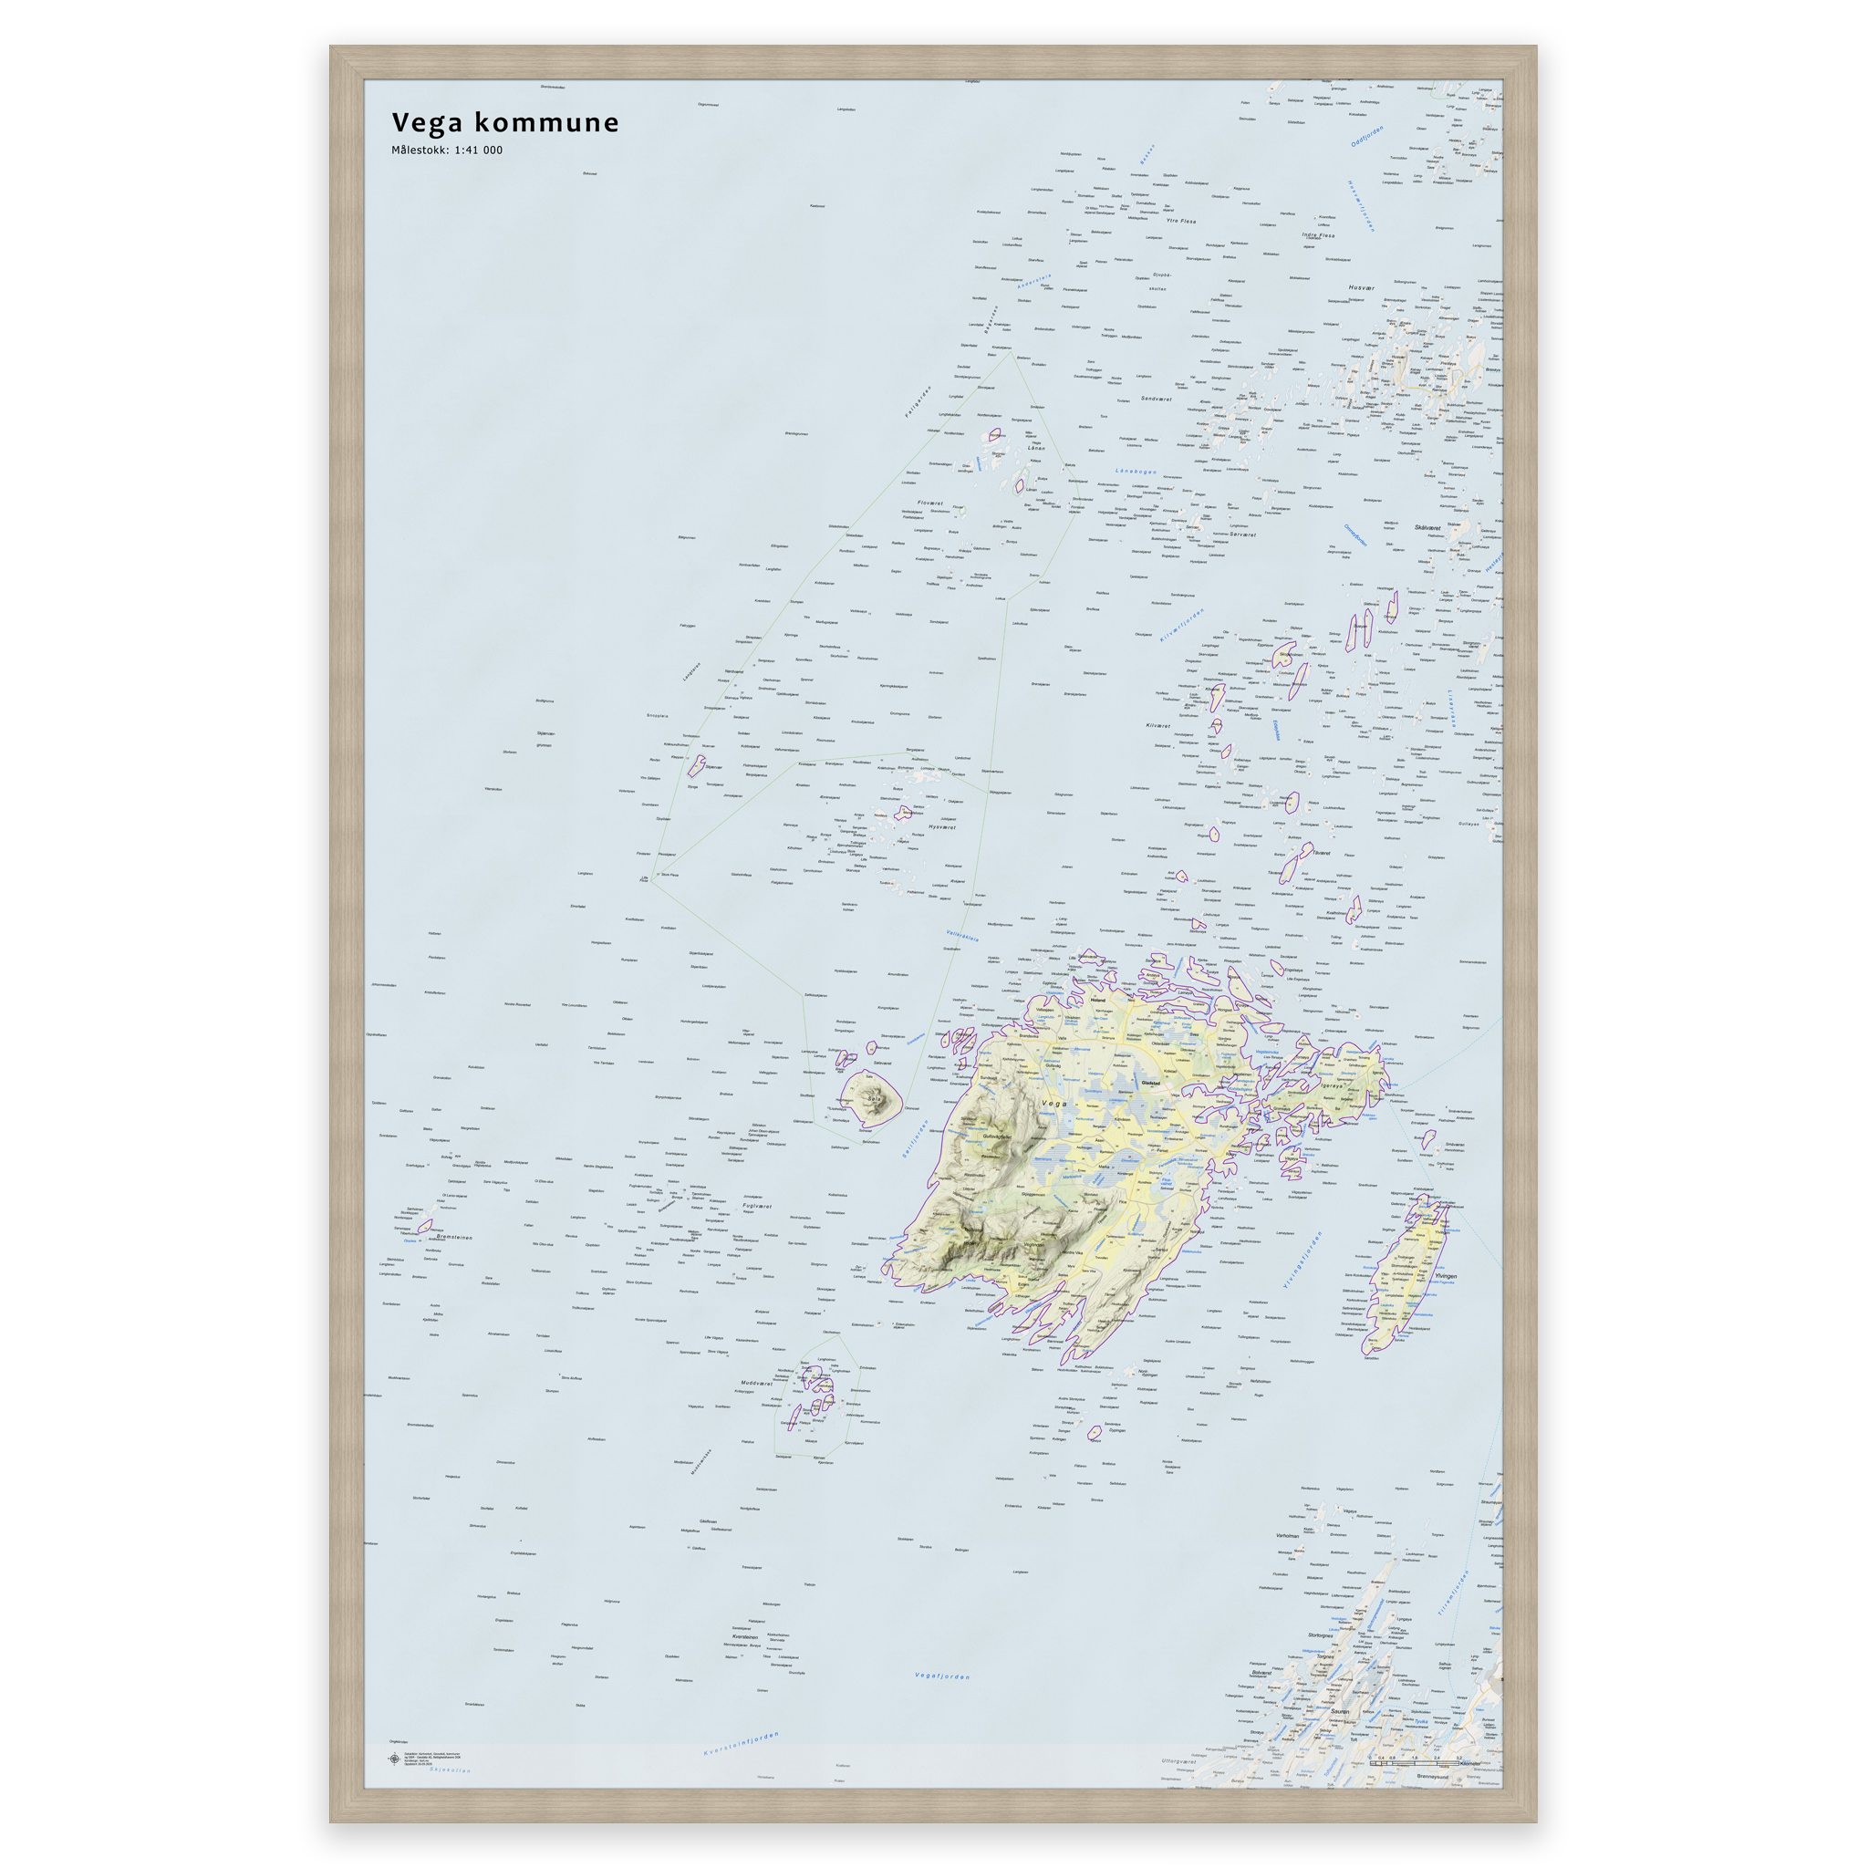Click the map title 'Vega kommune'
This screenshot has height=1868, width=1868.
(x=504, y=123)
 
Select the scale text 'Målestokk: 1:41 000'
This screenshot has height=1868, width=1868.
(x=447, y=150)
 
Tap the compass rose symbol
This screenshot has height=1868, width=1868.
(x=393, y=1759)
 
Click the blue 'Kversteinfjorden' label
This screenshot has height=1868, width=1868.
(x=741, y=1744)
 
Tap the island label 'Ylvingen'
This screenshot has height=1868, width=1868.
(x=1445, y=1276)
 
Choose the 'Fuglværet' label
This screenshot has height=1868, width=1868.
(x=757, y=1206)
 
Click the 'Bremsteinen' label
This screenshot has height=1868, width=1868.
(x=453, y=1237)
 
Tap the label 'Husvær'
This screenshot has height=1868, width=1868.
(x=1362, y=287)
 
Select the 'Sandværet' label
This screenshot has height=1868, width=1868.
(x=1157, y=399)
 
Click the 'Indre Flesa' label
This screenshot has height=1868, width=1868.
(x=1318, y=235)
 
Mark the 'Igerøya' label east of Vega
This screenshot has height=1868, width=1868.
(x=1334, y=1084)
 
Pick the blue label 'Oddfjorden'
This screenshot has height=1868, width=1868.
(x=1367, y=135)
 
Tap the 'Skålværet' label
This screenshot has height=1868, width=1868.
(x=1427, y=528)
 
